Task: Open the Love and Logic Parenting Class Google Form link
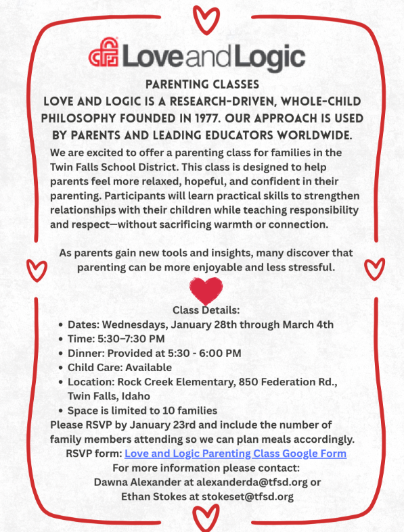point(235,454)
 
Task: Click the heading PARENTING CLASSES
point(202,84)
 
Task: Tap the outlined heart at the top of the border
point(202,15)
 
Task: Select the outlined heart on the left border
point(33,269)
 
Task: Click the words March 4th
point(308,324)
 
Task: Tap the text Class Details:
point(206,310)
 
